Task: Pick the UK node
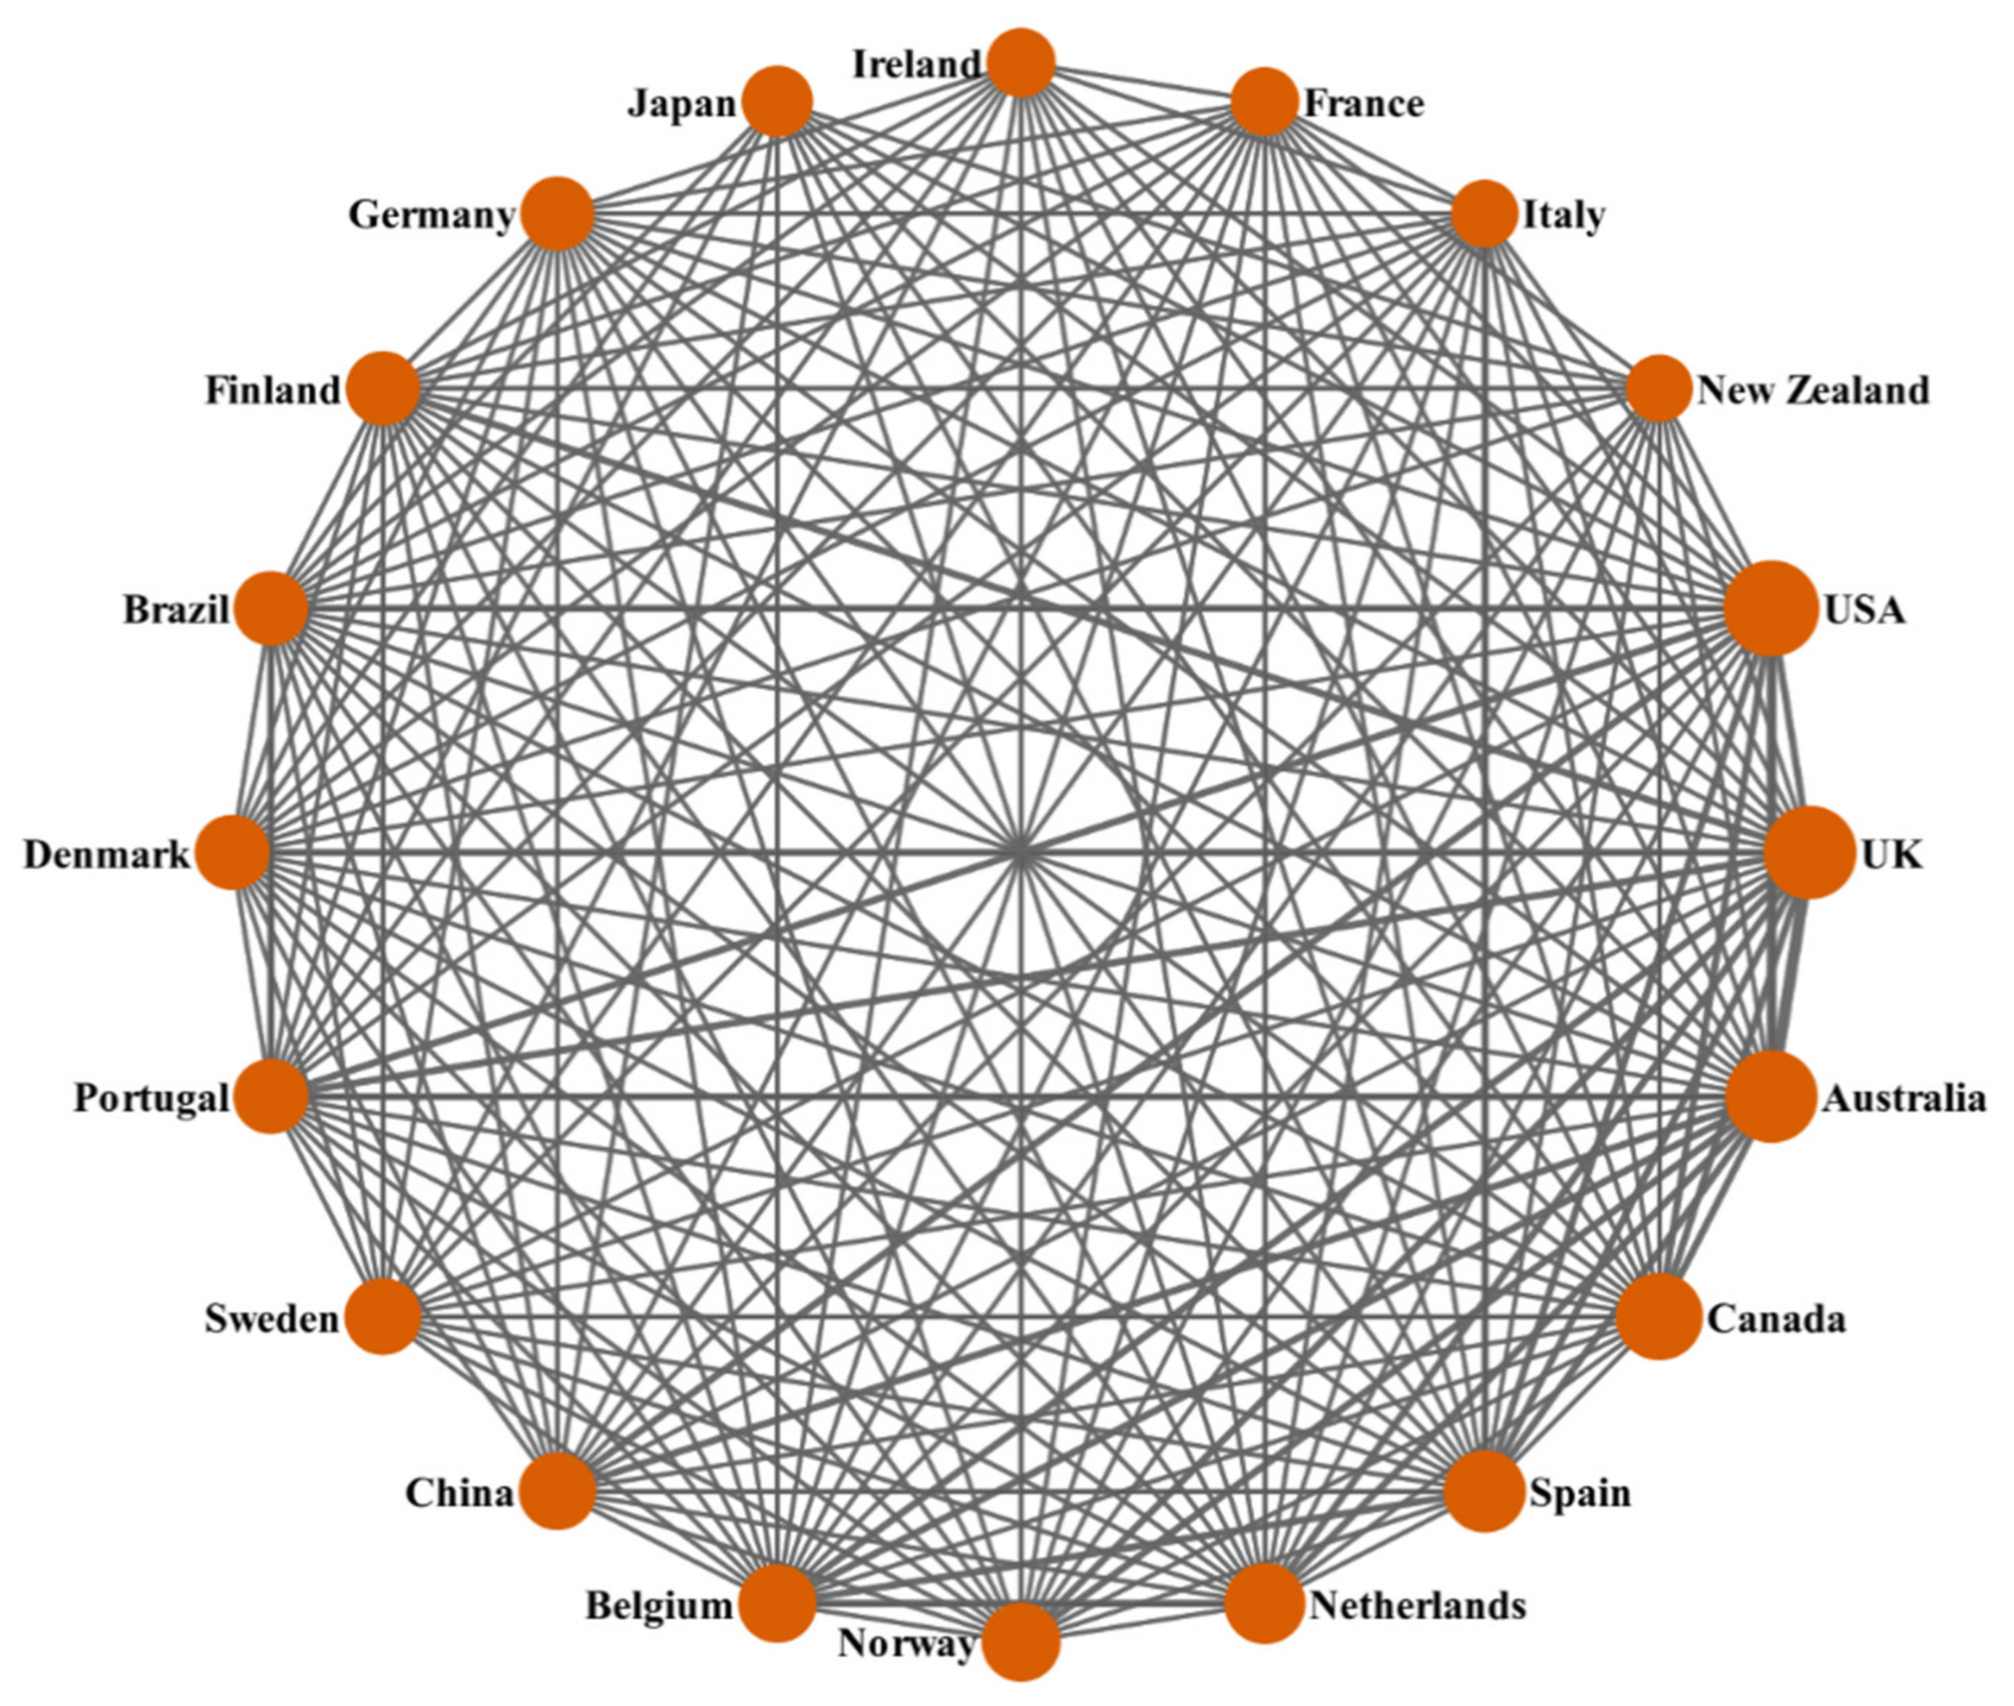[1809, 853]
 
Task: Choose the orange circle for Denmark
[232, 852]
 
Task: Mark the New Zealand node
[1658, 389]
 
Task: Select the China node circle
[557, 1490]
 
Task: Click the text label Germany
[432, 215]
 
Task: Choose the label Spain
[1579, 1493]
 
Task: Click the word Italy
[1563, 215]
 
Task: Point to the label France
[1364, 104]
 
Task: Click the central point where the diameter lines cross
[1021, 852]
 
